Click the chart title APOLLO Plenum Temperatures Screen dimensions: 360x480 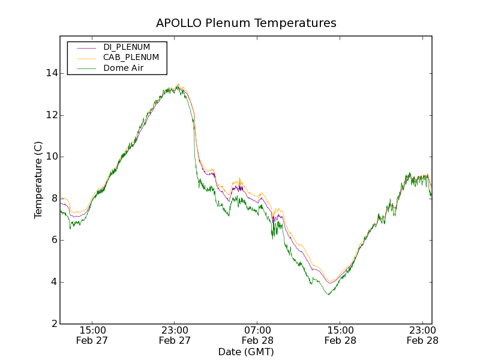tap(246, 23)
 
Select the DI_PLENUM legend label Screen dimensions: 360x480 tap(127, 47)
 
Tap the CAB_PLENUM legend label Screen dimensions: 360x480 tap(131, 58)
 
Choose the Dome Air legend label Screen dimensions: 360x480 tap(123, 68)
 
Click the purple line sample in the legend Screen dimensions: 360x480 tap(86, 47)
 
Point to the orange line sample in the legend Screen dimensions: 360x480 tap(86, 58)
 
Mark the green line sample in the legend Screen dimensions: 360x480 tap(86, 68)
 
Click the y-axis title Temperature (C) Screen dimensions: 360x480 tap(38, 180)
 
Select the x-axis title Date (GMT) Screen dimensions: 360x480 tap(246, 352)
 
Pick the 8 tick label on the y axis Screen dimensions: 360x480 tap(53, 199)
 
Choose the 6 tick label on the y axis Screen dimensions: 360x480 tap(53, 240)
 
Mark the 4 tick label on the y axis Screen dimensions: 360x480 tap(53, 282)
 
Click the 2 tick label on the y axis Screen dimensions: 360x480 tap(53, 324)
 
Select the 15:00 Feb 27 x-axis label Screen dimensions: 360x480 tap(92, 335)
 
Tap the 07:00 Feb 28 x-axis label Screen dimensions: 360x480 tap(257, 335)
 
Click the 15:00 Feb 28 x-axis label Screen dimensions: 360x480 tap(340, 335)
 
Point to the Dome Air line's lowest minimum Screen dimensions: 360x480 tap(328, 295)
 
